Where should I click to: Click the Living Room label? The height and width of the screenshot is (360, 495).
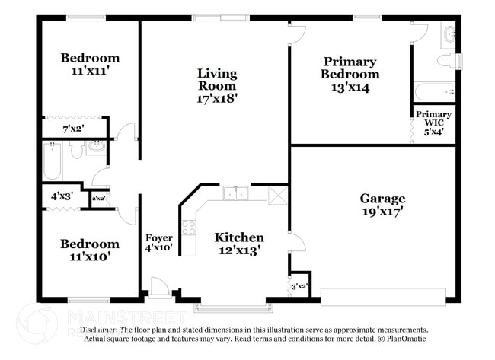click(x=217, y=85)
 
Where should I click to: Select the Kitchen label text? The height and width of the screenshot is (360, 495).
click(x=239, y=244)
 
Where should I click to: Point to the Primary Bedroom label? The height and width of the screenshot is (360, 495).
click(x=350, y=74)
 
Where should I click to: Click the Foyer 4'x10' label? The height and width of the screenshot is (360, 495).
click(x=158, y=243)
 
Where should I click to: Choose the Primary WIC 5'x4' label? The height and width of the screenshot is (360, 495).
click(x=433, y=122)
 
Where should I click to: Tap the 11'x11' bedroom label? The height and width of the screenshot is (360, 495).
click(x=90, y=65)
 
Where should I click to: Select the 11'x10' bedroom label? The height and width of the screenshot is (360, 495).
click(x=90, y=250)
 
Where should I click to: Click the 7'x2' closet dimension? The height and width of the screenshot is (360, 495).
click(x=74, y=128)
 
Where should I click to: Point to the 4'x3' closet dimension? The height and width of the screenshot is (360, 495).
click(x=60, y=196)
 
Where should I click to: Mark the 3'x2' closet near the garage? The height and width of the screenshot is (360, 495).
click(x=300, y=286)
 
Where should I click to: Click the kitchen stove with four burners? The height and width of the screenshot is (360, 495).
click(x=189, y=227)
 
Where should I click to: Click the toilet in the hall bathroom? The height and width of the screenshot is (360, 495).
click(x=76, y=151)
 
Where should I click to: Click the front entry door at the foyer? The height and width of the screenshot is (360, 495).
click(x=161, y=288)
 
